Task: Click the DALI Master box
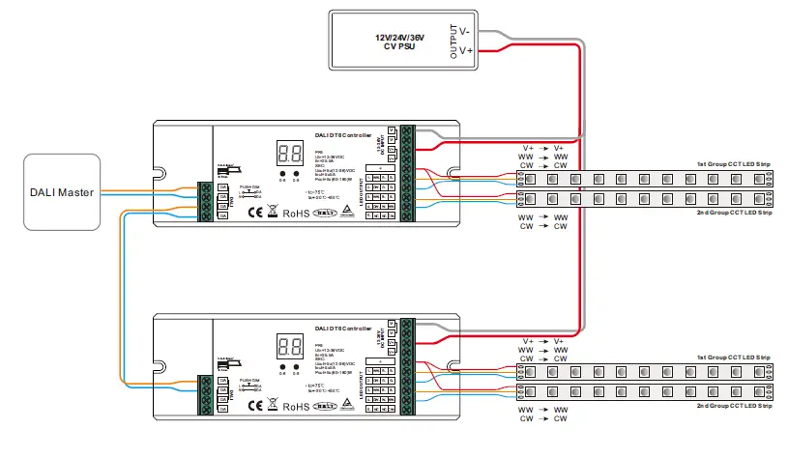pos(61,192)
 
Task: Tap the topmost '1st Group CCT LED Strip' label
pos(734,163)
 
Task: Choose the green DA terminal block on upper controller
pos(206,200)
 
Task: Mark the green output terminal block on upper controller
pos(406,174)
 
